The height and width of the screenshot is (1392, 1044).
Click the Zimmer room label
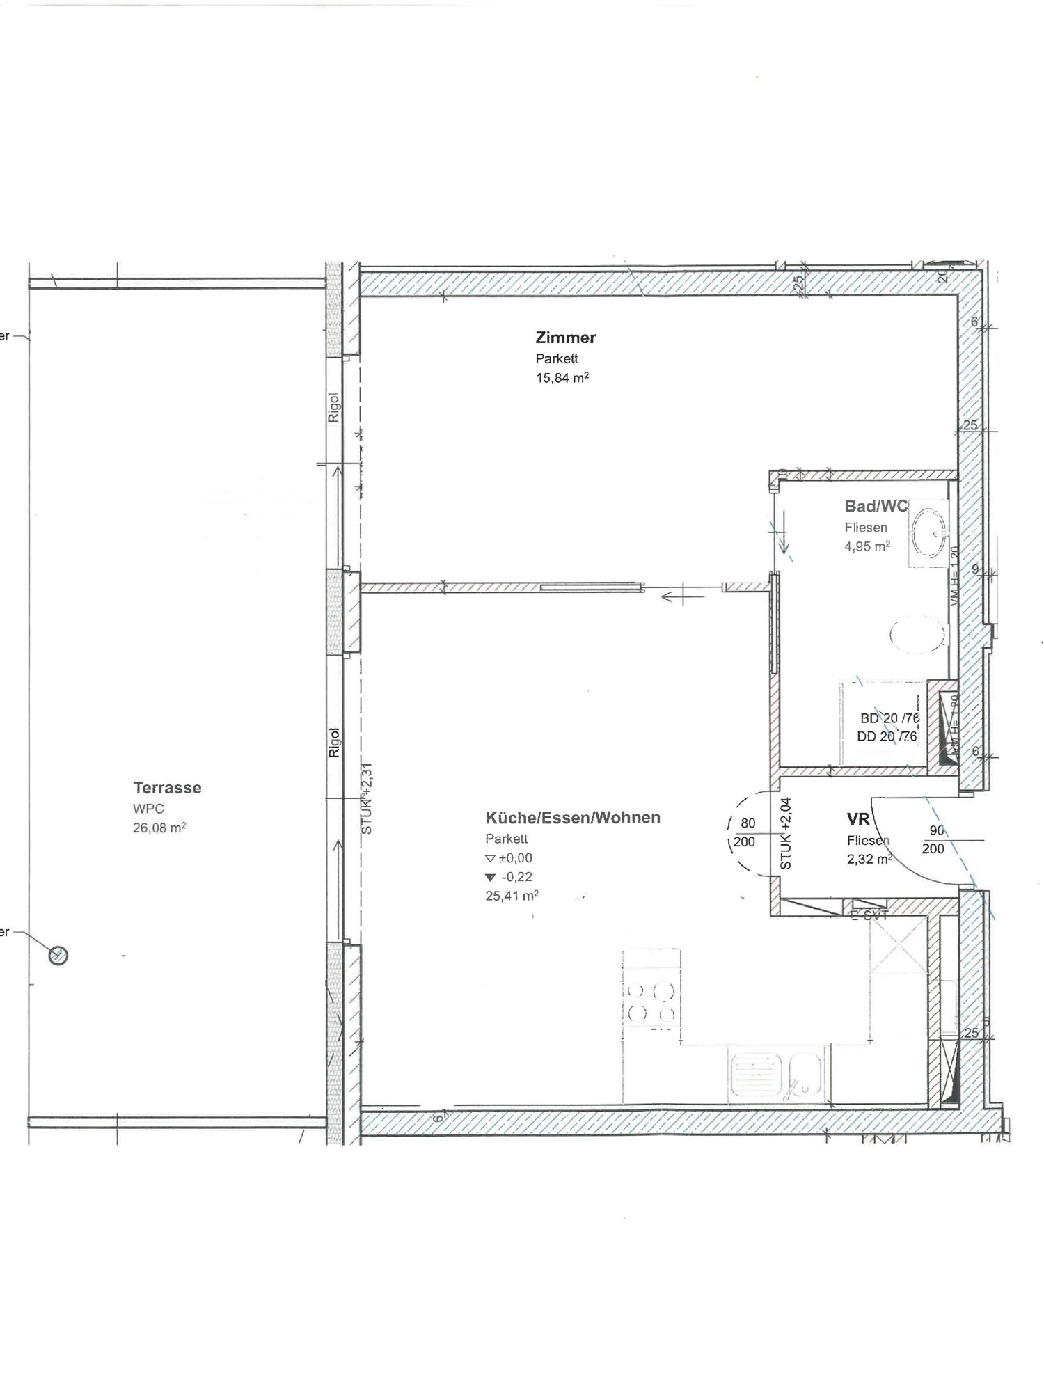565,338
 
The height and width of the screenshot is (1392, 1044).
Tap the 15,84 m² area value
562,378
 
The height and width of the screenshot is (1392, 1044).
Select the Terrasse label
167,788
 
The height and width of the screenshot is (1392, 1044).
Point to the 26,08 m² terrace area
159,828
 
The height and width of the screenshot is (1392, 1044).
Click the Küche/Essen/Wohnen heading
572,818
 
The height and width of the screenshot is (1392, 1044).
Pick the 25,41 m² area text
512,896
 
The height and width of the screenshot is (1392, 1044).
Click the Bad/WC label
876,507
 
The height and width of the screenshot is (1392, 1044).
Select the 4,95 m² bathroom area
867,546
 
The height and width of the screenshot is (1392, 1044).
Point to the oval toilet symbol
917,634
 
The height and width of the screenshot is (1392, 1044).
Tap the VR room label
858,819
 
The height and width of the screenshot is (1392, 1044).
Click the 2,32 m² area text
869,860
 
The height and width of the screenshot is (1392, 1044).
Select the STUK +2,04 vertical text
786,834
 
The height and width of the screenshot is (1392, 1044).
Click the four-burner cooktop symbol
651,1002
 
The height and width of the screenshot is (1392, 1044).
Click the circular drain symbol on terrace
58,956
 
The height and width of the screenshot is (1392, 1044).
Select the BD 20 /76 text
889,718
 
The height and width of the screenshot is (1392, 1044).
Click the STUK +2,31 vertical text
367,798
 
